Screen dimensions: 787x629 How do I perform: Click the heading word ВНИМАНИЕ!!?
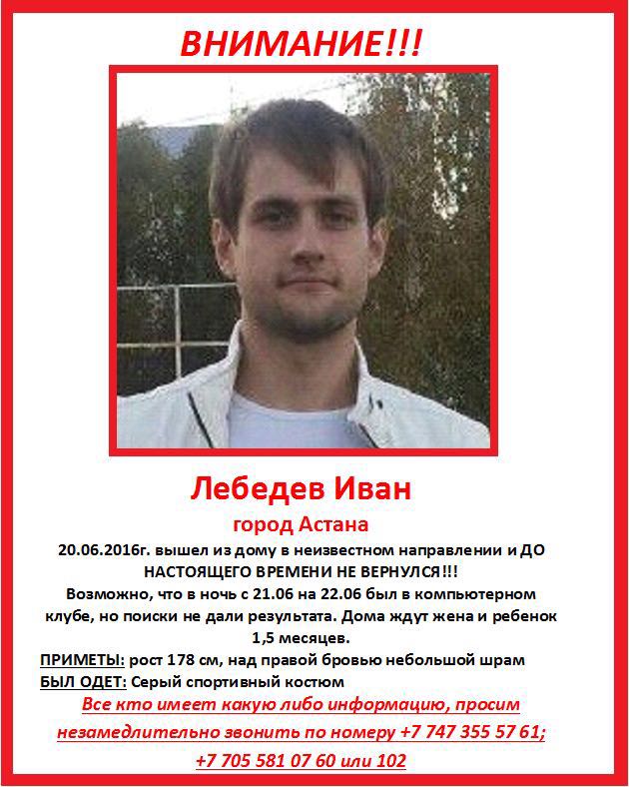301,43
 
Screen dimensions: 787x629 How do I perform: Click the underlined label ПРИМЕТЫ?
81,661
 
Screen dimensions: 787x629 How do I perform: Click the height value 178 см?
205,661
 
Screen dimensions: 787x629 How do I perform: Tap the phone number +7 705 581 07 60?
267,761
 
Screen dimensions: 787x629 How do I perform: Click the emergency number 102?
390,761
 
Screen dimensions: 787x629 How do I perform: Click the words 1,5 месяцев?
314,637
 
